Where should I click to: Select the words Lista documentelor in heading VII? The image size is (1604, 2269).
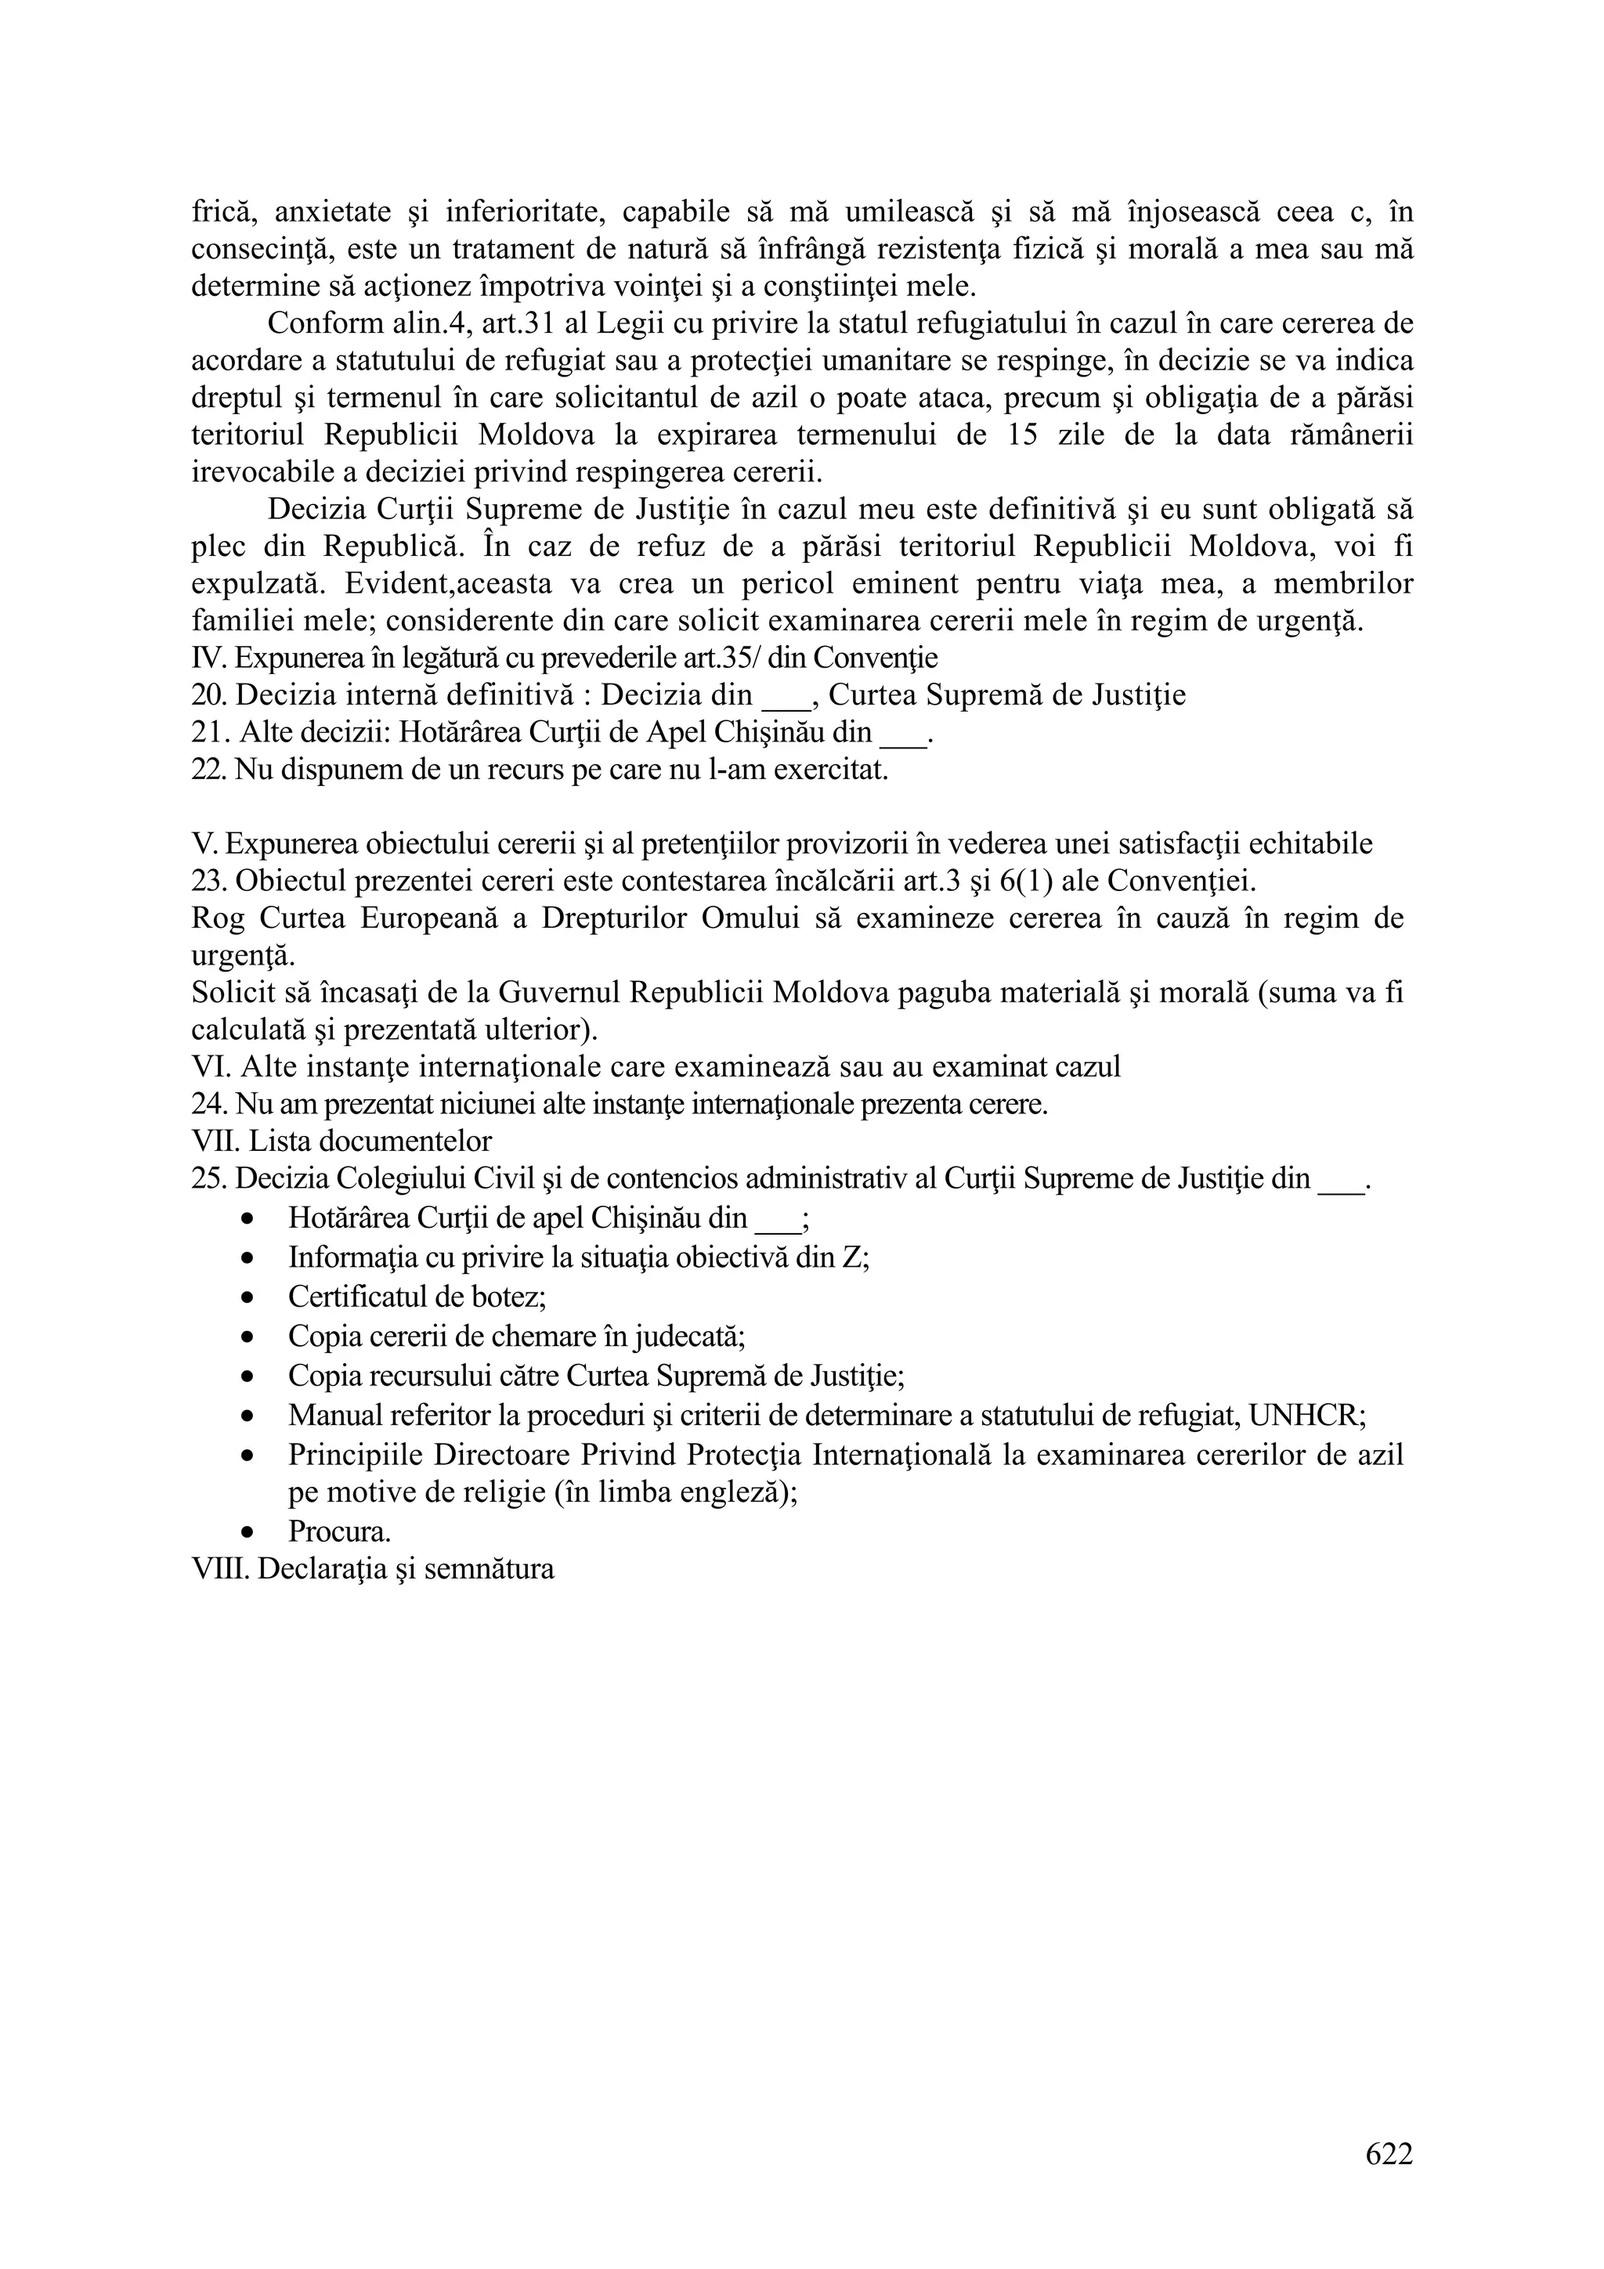pos(370,1142)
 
